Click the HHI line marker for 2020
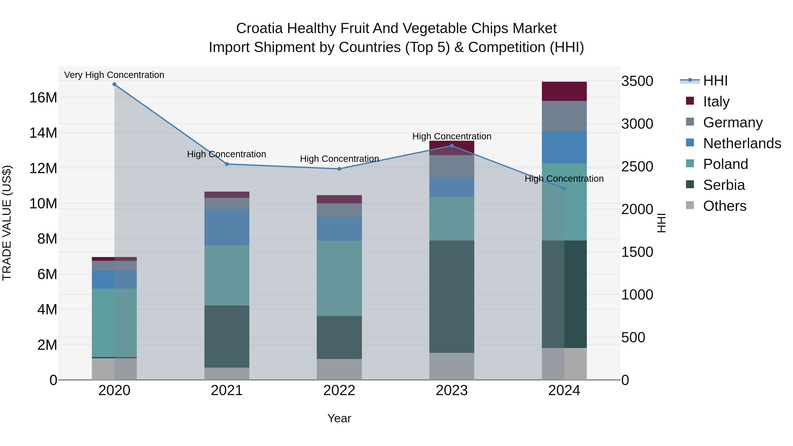click(x=114, y=84)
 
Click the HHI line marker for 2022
click(x=339, y=169)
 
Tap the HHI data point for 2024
click(x=564, y=188)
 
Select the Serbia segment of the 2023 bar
click(x=452, y=296)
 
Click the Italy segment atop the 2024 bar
click(x=564, y=91)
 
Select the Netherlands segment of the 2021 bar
click(x=227, y=227)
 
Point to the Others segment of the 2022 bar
click(x=339, y=369)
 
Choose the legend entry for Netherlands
click(x=742, y=143)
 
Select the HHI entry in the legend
click(x=715, y=81)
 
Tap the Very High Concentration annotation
click(x=114, y=75)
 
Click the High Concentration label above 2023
click(x=452, y=136)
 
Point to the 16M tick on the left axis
click(x=43, y=98)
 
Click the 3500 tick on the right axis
click(x=637, y=81)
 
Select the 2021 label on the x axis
click(x=227, y=390)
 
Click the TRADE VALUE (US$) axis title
click(x=7, y=223)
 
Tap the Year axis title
click(x=339, y=418)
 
